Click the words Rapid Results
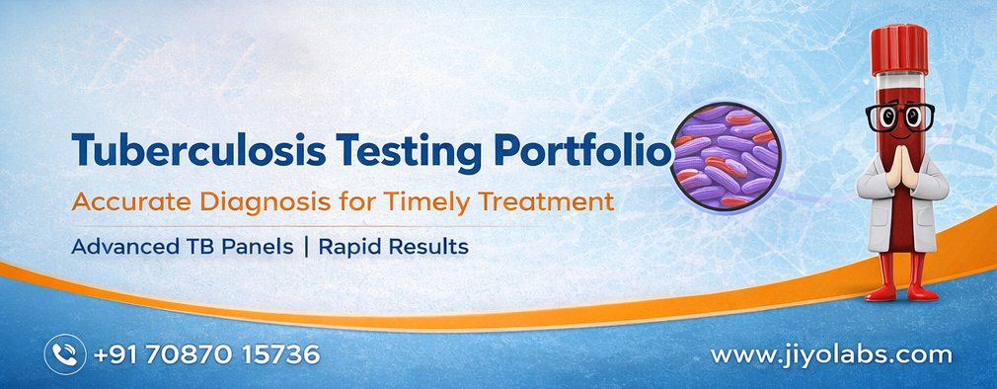point(393,247)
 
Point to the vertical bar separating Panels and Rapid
point(306,247)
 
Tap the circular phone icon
point(65,354)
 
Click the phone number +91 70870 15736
point(206,354)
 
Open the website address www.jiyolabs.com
point(831,355)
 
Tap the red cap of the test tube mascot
point(899,50)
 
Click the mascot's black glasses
point(899,117)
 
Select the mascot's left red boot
point(882,277)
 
